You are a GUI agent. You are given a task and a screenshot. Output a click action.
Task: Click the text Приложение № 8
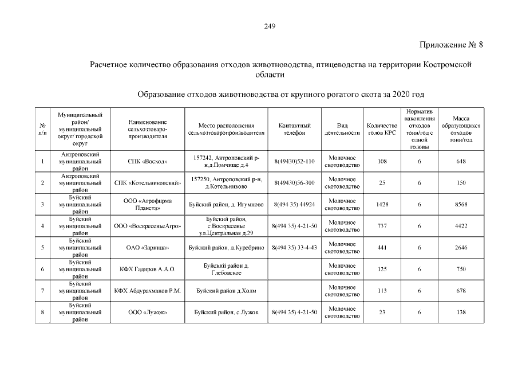(452, 45)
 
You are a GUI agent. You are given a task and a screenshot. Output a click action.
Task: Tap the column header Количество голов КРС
(382, 129)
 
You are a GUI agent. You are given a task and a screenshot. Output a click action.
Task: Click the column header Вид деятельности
(342, 129)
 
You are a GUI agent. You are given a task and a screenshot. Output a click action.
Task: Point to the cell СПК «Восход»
(147, 161)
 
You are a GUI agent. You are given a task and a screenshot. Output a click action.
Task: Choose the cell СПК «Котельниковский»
(147, 182)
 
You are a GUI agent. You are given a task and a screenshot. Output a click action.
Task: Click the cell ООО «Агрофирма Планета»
(147, 204)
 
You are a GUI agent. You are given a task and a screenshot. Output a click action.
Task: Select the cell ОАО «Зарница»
(147, 247)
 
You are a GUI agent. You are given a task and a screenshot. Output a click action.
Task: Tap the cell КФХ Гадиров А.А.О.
(147, 269)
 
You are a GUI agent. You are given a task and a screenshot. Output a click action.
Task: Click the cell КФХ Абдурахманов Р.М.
(147, 291)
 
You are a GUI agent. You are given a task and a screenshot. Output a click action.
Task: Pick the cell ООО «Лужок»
(147, 312)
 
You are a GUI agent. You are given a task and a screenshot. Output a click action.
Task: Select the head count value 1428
(382, 204)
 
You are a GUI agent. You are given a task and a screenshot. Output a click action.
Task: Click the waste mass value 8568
(460, 204)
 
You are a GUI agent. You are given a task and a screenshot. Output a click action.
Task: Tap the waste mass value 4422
(460, 226)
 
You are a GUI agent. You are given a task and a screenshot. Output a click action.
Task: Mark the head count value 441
(382, 247)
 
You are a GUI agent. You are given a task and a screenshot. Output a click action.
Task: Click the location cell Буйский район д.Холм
(226, 291)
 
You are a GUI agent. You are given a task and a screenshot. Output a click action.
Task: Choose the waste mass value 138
(460, 312)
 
